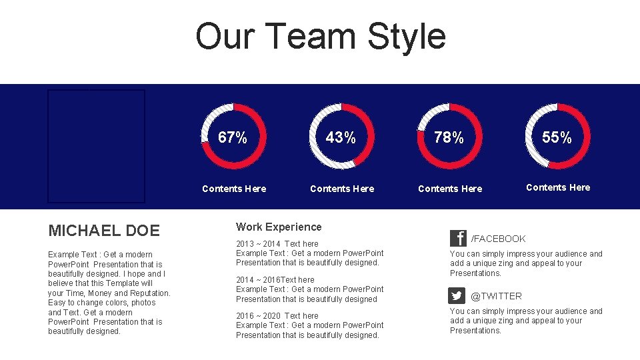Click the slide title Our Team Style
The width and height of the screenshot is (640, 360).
click(x=320, y=37)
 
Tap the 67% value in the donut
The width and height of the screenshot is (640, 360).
click(x=233, y=138)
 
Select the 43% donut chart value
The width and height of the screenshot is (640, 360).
click(x=341, y=138)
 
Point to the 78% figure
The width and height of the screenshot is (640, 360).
click(x=449, y=138)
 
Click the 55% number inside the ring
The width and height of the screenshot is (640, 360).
click(x=557, y=138)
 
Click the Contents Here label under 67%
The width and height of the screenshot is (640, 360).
click(x=234, y=189)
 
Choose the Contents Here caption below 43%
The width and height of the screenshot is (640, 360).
click(x=342, y=189)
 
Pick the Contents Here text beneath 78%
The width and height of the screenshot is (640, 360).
click(x=450, y=189)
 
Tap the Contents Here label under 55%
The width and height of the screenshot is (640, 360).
click(x=558, y=187)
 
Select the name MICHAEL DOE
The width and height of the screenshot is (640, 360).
click(x=104, y=231)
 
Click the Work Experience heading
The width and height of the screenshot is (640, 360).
click(x=279, y=227)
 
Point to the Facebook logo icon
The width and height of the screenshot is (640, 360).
click(x=458, y=239)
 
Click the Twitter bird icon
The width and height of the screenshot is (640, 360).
click(x=457, y=296)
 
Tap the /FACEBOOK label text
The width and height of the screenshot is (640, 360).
click(x=498, y=239)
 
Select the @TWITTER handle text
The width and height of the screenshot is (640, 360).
click(x=496, y=296)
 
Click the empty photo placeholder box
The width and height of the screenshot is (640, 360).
click(x=96, y=146)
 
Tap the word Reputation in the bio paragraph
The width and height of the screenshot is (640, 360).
click(x=150, y=293)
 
